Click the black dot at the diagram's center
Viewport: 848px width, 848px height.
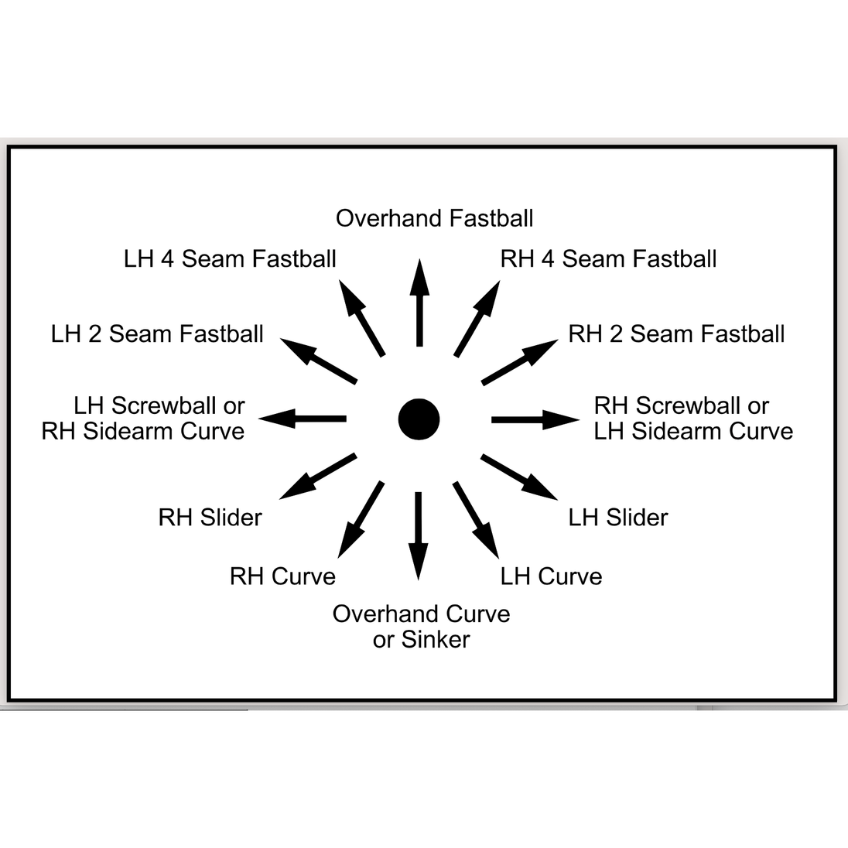(x=419, y=419)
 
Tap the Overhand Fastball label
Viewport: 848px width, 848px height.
(x=434, y=218)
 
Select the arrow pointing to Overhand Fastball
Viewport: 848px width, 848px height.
(x=419, y=303)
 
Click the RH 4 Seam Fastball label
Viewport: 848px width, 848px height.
(x=608, y=259)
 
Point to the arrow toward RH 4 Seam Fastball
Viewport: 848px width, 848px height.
(x=477, y=319)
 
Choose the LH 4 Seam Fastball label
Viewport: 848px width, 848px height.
(x=230, y=259)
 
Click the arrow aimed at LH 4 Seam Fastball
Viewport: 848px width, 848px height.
(x=362, y=318)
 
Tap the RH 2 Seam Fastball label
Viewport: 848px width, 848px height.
(x=676, y=334)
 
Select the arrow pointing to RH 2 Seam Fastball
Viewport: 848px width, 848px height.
(x=519, y=362)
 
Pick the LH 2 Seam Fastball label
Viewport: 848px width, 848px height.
(x=157, y=334)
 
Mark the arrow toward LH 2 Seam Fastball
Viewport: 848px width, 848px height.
(x=319, y=361)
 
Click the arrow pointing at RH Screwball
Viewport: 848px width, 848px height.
(x=535, y=419)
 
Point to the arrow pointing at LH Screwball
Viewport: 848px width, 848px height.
(x=303, y=419)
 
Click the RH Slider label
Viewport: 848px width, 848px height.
(x=210, y=518)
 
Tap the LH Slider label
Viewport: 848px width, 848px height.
(x=618, y=518)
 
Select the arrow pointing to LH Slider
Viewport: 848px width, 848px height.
(x=519, y=477)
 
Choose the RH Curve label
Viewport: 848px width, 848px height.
(x=282, y=576)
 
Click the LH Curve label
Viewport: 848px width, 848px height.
(x=551, y=576)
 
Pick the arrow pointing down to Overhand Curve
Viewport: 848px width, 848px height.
(x=418, y=536)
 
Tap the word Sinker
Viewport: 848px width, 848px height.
(x=436, y=640)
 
